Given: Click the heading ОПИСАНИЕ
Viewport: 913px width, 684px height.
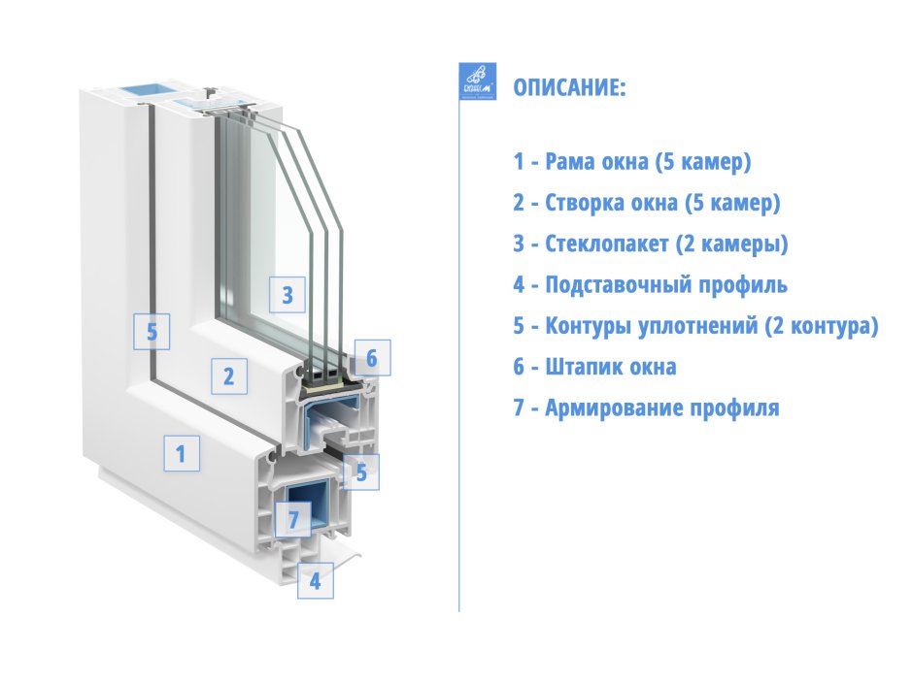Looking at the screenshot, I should click(569, 88).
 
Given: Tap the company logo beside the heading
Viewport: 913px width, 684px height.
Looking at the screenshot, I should click(477, 81).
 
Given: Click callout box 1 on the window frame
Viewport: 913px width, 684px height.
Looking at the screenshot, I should click(181, 453).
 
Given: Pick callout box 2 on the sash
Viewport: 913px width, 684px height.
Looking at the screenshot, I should click(229, 376).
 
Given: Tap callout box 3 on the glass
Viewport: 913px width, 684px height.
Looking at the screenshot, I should click(287, 295).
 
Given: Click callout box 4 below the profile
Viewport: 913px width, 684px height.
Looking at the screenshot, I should click(314, 581).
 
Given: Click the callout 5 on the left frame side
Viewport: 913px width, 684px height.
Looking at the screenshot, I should click(152, 331).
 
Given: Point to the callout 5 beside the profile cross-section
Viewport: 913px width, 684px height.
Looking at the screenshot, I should click(361, 472).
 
